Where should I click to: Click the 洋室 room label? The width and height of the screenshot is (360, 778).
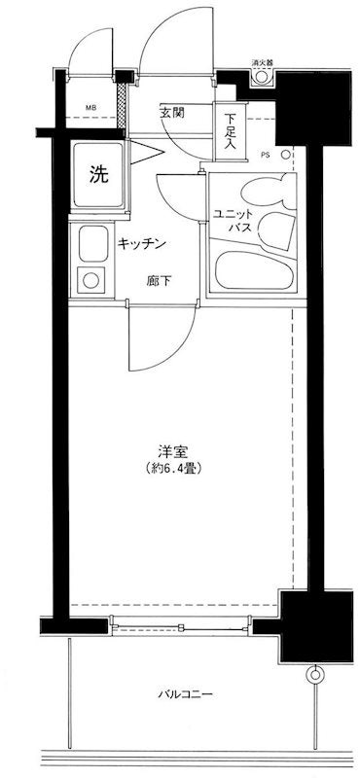[172, 452]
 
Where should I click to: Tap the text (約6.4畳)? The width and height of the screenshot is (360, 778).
[173, 468]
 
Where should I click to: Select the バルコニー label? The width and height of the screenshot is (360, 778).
[186, 694]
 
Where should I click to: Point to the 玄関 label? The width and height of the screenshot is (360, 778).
[172, 112]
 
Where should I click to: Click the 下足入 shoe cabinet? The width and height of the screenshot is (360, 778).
[230, 131]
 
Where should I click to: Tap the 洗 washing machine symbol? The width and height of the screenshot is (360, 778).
[98, 174]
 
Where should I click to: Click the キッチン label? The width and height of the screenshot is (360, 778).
[141, 244]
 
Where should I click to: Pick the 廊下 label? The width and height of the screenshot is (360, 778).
[159, 281]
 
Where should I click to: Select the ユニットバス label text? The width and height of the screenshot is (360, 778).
[234, 222]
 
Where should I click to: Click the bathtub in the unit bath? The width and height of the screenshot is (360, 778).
[254, 270]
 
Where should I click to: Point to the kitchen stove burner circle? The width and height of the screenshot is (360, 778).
[90, 280]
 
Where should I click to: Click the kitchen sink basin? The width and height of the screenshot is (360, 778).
[93, 244]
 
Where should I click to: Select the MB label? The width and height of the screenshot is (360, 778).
[90, 107]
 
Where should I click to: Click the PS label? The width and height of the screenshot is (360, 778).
[267, 155]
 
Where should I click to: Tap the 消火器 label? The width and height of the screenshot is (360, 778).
[262, 63]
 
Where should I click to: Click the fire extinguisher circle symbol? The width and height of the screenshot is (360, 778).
[261, 77]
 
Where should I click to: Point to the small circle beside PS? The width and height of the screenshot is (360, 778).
[286, 155]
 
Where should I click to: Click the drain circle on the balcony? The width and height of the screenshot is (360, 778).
[314, 674]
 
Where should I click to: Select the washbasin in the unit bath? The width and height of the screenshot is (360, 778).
[275, 230]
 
